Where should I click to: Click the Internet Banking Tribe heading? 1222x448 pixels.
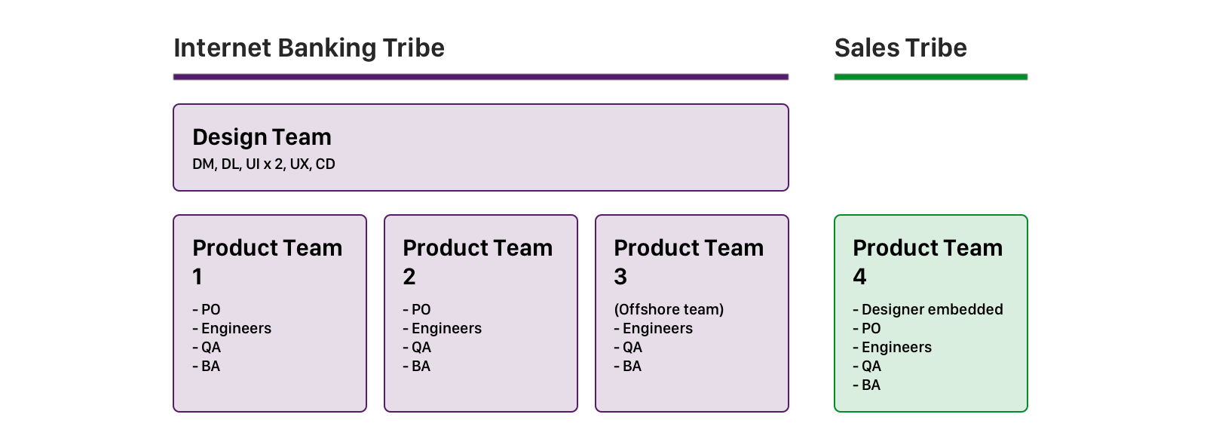click(309, 48)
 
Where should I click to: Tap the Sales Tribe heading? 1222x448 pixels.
click(900, 48)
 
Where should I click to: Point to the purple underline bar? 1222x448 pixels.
click(480, 77)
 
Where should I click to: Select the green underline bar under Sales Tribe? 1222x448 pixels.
click(930, 77)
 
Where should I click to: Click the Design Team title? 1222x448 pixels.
click(262, 137)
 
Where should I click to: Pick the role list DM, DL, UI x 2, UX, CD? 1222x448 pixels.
click(263, 164)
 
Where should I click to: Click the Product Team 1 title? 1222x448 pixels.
click(267, 261)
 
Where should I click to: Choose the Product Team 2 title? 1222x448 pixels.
click(477, 261)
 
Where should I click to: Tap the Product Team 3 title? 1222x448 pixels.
click(688, 261)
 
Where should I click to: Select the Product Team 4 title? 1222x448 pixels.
click(927, 261)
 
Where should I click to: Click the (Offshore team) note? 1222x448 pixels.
click(669, 309)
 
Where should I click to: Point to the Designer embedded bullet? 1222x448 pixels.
click(928, 309)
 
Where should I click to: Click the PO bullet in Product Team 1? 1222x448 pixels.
click(207, 309)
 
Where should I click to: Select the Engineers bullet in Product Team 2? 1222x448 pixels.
click(443, 328)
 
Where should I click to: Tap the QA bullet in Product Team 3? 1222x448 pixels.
click(629, 347)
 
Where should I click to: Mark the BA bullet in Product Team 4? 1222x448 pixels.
click(867, 385)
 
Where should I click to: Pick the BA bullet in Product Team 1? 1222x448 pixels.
click(207, 366)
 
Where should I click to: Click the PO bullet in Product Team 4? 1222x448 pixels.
click(867, 328)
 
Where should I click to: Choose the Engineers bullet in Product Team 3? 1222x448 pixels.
click(654, 328)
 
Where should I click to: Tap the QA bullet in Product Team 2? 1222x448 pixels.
click(418, 347)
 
